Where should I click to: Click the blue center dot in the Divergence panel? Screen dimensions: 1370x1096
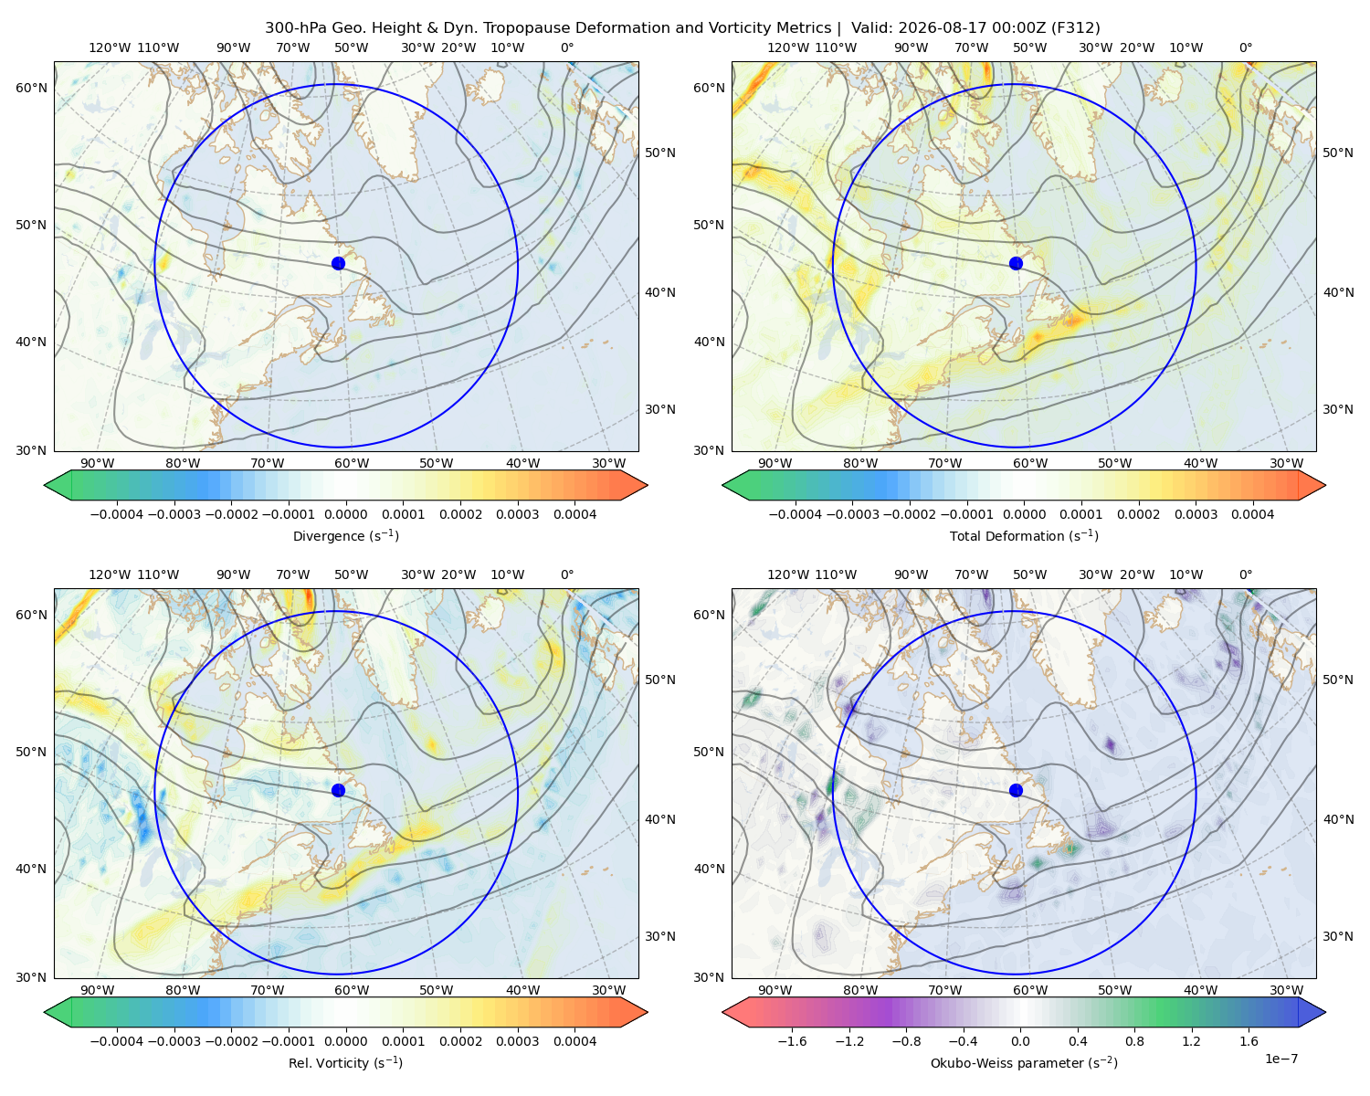tap(338, 263)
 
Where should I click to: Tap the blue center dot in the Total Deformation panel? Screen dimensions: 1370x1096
tap(1016, 263)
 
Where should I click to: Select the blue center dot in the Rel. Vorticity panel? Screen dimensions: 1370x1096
tap(338, 790)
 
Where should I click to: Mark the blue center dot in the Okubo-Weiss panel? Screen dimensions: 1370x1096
tap(1016, 790)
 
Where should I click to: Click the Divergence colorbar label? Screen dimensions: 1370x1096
tap(345, 535)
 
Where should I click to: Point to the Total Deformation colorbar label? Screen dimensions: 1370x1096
tap(1024, 535)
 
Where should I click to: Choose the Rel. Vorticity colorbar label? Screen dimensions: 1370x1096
tap(345, 1062)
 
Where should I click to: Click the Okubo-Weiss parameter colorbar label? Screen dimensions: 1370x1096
tap(1024, 1062)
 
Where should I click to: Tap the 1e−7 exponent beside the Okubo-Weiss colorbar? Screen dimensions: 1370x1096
tap(1280, 1059)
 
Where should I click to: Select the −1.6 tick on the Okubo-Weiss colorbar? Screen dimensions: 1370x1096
tap(792, 1040)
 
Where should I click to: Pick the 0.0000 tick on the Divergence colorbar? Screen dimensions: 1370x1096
tap(345, 514)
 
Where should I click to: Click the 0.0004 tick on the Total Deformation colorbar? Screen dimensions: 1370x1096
tap(1252, 514)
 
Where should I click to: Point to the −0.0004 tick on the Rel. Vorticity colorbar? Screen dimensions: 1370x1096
tap(117, 1040)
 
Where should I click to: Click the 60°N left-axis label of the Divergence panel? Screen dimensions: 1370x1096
tap(31, 88)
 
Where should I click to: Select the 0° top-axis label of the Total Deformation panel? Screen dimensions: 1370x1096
tap(1245, 47)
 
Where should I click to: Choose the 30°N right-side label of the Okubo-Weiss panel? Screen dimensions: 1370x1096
tap(1337, 935)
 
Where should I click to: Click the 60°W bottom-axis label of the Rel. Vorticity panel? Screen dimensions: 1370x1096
tap(352, 989)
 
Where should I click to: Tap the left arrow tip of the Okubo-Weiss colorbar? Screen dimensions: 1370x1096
tap(722, 1012)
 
